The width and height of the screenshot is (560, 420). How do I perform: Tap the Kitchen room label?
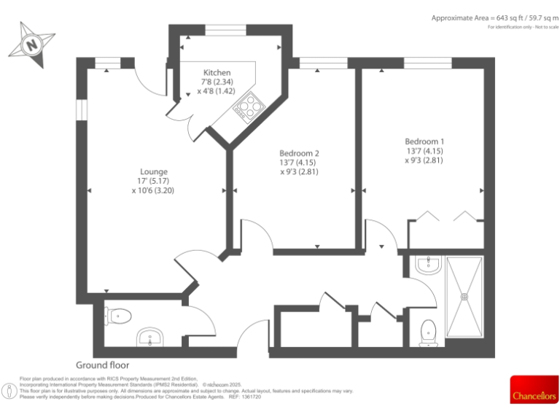(x=217, y=73)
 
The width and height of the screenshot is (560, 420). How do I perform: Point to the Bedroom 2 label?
(x=299, y=153)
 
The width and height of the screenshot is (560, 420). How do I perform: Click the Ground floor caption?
(x=103, y=365)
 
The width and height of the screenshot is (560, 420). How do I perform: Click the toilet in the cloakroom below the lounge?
(x=119, y=316)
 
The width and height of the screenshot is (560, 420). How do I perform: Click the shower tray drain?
(x=464, y=296)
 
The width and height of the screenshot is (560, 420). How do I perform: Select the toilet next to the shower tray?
(x=428, y=332)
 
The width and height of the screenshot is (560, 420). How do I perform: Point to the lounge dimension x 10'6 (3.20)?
(x=153, y=190)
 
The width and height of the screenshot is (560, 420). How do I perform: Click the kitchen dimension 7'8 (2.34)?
(x=217, y=82)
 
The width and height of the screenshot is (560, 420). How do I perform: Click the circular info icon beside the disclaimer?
(x=9, y=391)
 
